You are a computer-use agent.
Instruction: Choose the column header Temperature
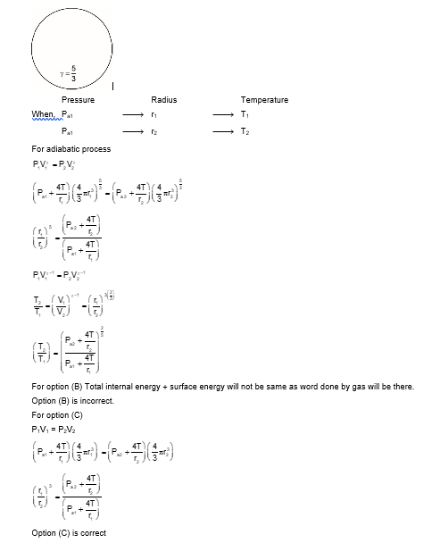259,100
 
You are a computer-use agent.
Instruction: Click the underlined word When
43,114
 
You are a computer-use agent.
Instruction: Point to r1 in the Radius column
154,115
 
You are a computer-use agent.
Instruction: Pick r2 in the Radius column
154,131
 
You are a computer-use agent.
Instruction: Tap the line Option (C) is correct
69,533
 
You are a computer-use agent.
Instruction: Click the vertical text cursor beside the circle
113,86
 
